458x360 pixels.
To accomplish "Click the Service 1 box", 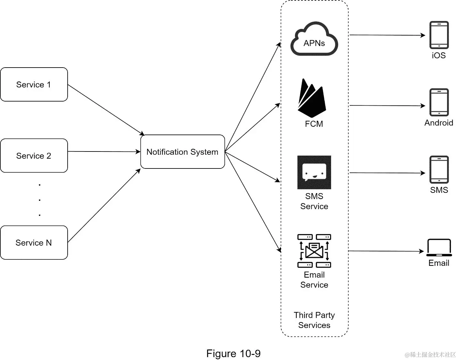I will (x=34, y=85).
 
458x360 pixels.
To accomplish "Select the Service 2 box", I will (x=34, y=156).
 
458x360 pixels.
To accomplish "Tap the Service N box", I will (x=34, y=242).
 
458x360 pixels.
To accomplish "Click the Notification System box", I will (x=182, y=152).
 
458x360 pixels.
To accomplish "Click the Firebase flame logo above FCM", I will (x=312, y=98).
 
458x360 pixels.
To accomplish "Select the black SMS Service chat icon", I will (x=314, y=172).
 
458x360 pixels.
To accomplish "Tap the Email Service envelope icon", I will (x=314, y=250).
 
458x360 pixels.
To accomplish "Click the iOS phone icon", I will (x=439, y=35).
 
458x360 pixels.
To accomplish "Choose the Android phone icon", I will (x=439, y=102).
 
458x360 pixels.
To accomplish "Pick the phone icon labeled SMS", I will (x=439, y=169).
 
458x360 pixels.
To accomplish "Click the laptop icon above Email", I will (x=439, y=248).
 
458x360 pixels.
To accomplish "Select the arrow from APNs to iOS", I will (x=387, y=35).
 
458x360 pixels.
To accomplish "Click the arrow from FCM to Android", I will (x=387, y=105).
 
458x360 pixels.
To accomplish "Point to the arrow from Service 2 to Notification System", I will (x=104, y=151).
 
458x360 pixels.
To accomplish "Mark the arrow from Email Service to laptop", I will (x=386, y=251).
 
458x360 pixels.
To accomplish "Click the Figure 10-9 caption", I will (x=233, y=354).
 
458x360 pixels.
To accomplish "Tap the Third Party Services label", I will (x=314, y=320).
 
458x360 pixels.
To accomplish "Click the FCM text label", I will (x=314, y=124).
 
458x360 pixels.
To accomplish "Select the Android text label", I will (x=439, y=123).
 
